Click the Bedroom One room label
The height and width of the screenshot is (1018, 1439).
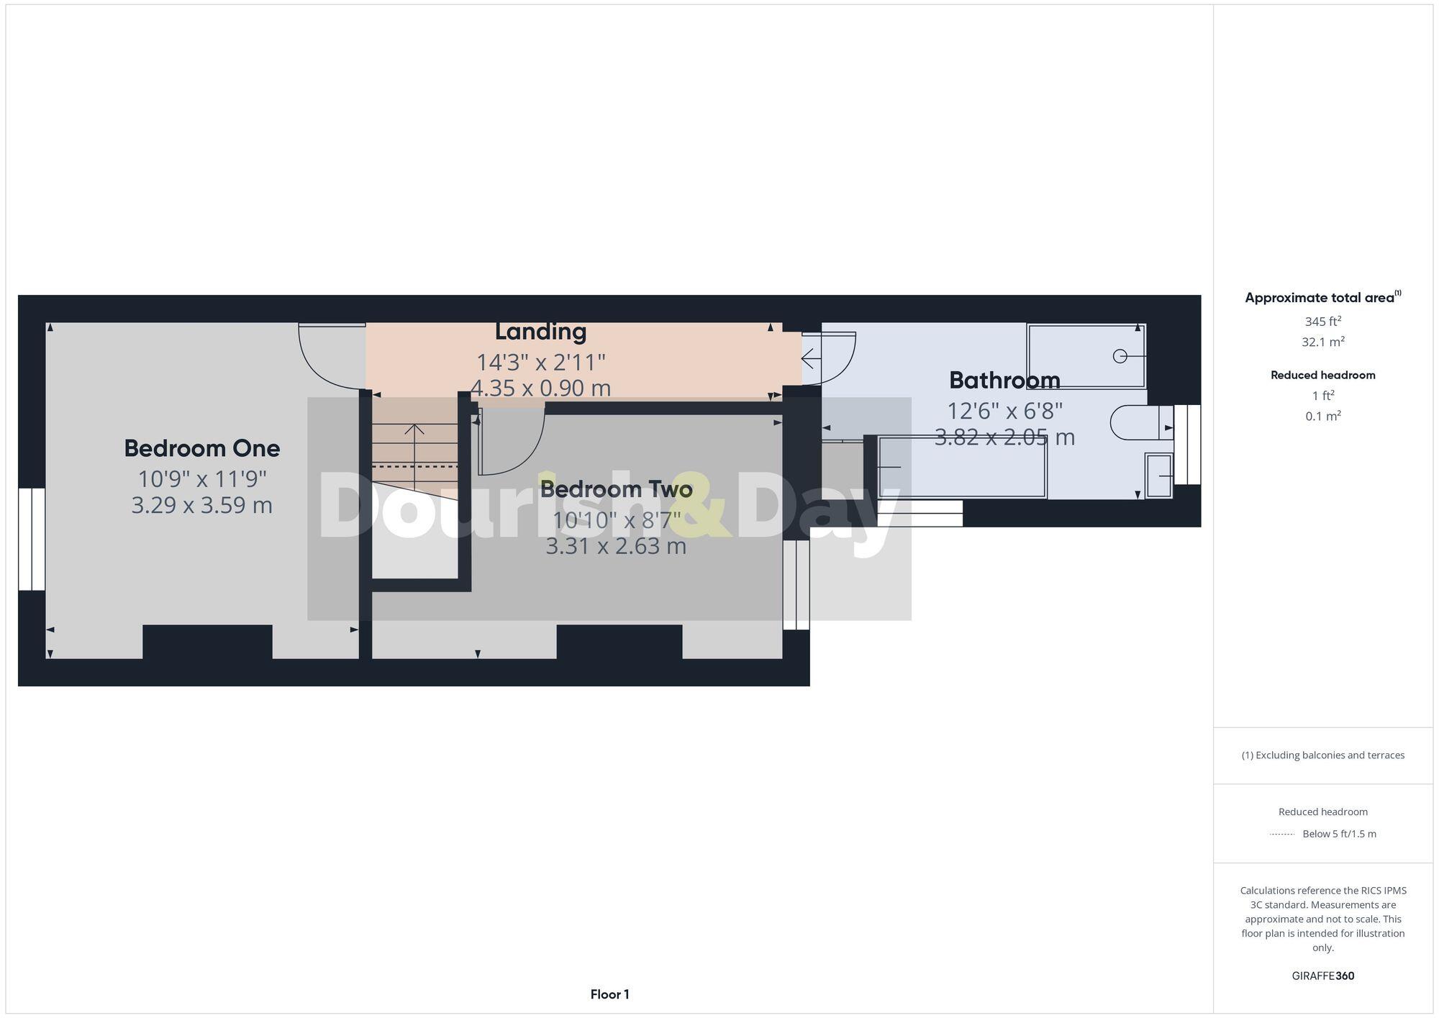(201, 448)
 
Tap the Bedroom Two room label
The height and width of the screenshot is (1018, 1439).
(616, 489)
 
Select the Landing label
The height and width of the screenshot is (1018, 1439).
(540, 332)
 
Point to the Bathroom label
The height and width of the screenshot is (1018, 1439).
(1004, 380)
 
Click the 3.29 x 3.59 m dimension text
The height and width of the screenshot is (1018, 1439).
(201, 505)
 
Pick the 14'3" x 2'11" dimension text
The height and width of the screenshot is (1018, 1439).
(540, 361)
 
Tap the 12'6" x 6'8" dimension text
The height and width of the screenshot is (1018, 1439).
(1004, 411)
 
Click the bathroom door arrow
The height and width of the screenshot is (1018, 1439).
(812, 358)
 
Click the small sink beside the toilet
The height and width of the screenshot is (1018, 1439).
(1158, 476)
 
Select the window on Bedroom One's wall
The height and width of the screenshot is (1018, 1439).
(32, 540)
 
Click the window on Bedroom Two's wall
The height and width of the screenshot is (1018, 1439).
(796, 584)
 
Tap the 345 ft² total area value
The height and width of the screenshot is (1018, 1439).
(1322, 322)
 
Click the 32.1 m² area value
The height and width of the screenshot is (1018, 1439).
(1322, 342)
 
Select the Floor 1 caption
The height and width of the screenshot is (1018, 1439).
(609, 994)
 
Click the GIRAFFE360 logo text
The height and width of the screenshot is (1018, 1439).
(1322, 976)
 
